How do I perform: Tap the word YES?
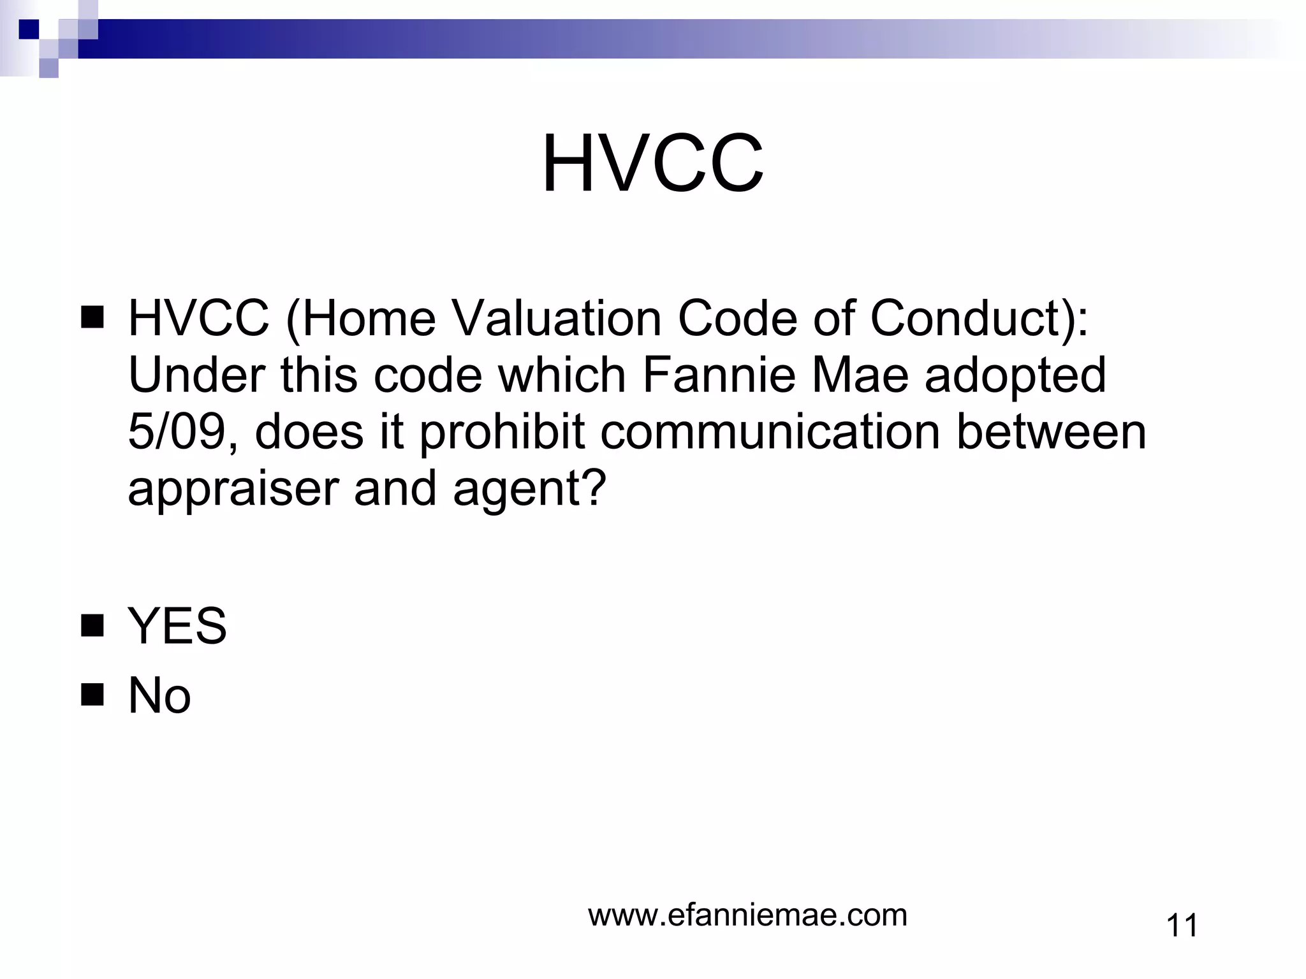(x=177, y=626)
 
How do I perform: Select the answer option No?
(x=159, y=695)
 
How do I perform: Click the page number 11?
(x=1182, y=925)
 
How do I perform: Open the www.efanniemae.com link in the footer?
(x=747, y=915)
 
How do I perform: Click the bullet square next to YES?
(x=92, y=626)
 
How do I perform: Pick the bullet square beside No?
(x=92, y=695)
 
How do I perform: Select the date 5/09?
(x=179, y=432)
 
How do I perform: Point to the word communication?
(x=770, y=432)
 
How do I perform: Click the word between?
(x=1052, y=432)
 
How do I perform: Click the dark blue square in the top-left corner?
(x=29, y=29)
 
